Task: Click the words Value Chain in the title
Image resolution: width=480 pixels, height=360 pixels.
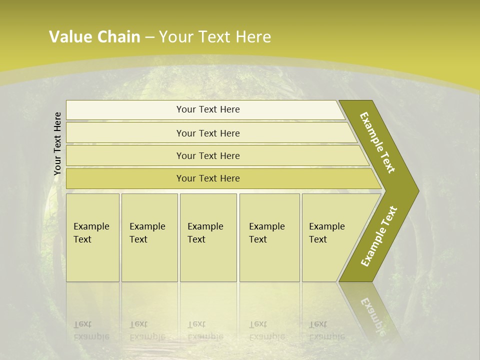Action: click(x=94, y=37)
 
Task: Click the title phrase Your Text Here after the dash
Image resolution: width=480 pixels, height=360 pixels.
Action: click(x=215, y=37)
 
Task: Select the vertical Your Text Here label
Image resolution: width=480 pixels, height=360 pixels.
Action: click(x=57, y=143)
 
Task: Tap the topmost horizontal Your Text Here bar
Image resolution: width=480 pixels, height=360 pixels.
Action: click(x=208, y=109)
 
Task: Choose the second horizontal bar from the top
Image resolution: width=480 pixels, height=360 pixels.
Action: click(x=208, y=133)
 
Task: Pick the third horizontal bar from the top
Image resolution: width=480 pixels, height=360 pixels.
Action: click(x=208, y=155)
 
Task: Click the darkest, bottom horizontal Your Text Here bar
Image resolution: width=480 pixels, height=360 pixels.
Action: click(x=208, y=178)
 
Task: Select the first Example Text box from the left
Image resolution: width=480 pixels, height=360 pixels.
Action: click(x=92, y=237)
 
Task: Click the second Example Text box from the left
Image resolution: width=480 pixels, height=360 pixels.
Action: click(x=149, y=237)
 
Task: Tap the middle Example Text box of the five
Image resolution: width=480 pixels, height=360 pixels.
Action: click(x=208, y=237)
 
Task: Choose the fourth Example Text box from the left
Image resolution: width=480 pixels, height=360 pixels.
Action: click(x=269, y=237)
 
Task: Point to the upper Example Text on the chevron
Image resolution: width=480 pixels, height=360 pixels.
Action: click(x=377, y=142)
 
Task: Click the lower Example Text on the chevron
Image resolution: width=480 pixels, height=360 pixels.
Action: click(x=379, y=236)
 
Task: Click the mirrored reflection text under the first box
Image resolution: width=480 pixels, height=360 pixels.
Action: click(x=91, y=330)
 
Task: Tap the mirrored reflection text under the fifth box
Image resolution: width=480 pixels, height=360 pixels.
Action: click(x=326, y=330)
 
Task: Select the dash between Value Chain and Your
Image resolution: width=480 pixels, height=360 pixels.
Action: click(x=149, y=37)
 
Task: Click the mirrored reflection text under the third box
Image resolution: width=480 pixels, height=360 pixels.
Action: click(x=205, y=330)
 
